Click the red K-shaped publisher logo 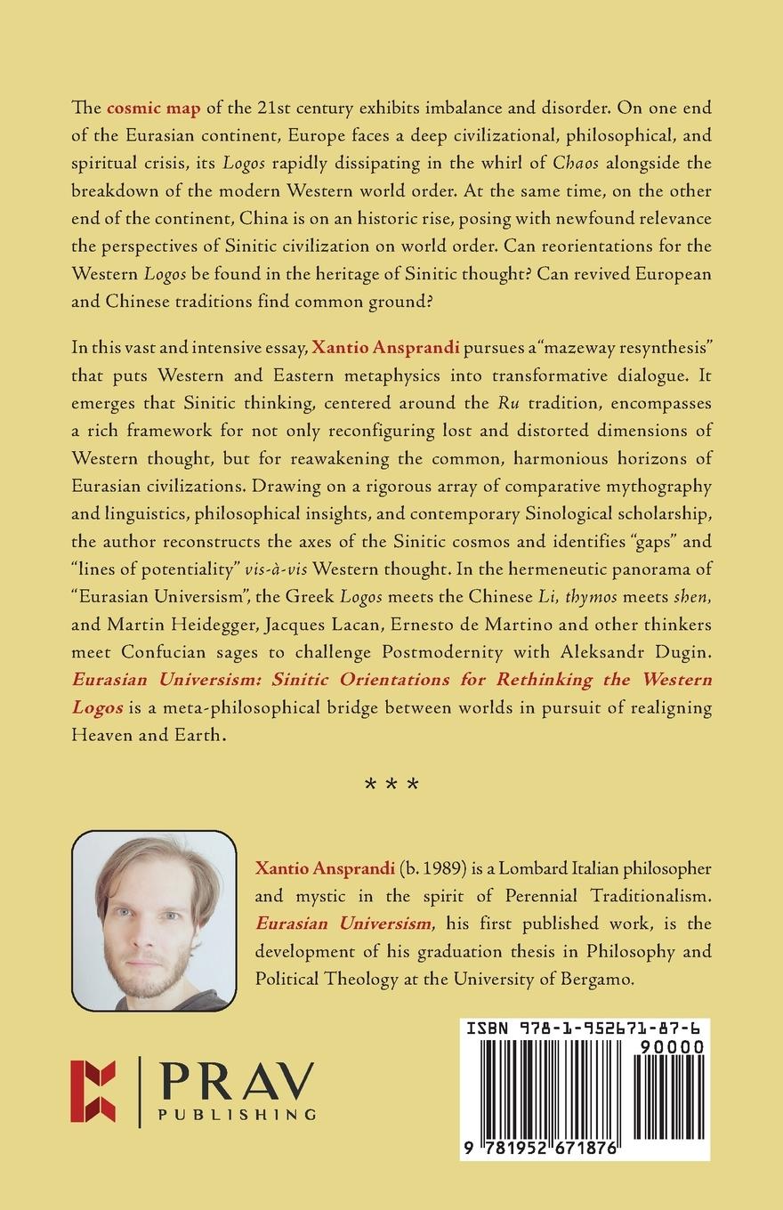pos(93,1090)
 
